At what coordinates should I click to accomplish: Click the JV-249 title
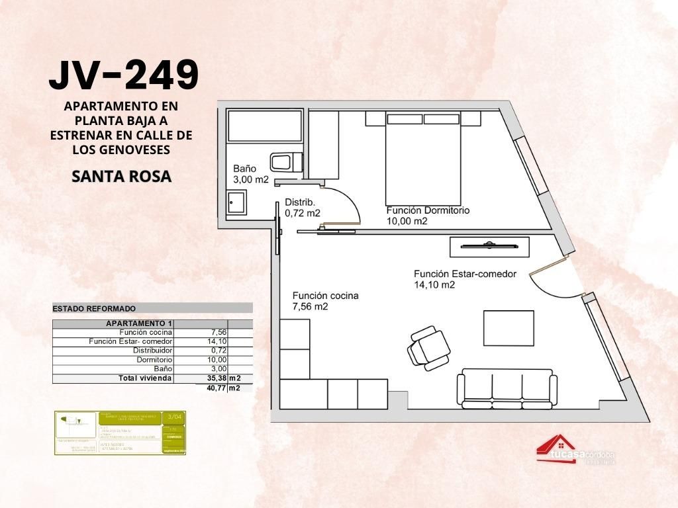click(x=124, y=75)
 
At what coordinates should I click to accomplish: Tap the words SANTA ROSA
click(x=121, y=177)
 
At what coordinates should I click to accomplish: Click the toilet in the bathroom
click(x=287, y=162)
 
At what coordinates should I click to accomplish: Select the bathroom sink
click(x=236, y=202)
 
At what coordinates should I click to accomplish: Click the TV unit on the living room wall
click(x=489, y=247)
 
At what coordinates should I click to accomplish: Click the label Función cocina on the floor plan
click(x=325, y=296)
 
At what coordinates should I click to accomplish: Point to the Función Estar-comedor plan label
click(x=465, y=274)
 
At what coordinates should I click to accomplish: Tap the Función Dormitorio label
click(x=428, y=210)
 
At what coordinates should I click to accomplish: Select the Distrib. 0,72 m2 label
click(x=302, y=207)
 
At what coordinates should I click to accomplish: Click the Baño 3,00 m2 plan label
click(x=250, y=174)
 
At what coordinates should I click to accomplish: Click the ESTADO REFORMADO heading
click(x=94, y=308)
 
